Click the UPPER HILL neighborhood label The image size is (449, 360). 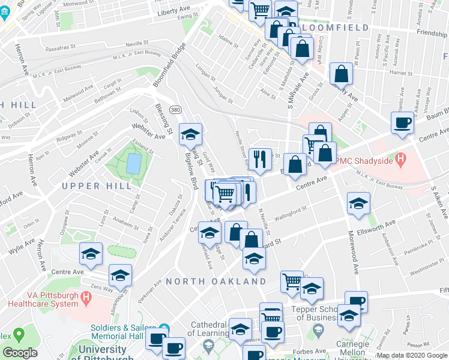click(97, 186)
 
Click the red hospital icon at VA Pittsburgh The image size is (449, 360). click(87, 297)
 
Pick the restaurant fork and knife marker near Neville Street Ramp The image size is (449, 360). click(260, 159)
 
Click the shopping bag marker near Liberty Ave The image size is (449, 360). click(341, 74)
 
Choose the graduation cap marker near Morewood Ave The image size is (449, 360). click(358, 203)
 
